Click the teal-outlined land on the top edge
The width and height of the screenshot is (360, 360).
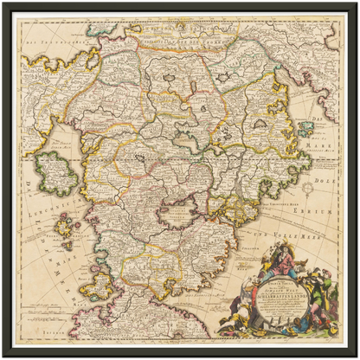138,30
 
